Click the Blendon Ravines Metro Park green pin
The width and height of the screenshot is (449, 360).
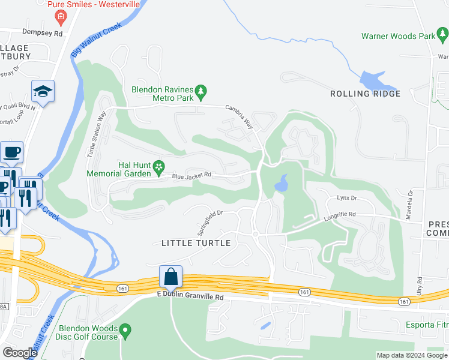click(x=202, y=92)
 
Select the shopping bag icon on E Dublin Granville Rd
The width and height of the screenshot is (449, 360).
click(x=171, y=277)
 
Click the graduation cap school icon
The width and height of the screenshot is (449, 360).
click(x=43, y=91)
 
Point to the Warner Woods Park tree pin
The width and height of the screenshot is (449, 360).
click(x=442, y=37)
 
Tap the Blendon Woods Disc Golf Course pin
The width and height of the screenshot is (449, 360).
click(x=125, y=329)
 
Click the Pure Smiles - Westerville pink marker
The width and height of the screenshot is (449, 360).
click(x=60, y=19)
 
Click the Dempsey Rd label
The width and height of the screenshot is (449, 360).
click(x=42, y=34)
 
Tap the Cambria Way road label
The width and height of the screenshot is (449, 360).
click(x=238, y=116)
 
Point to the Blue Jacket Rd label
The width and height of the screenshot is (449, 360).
click(x=192, y=175)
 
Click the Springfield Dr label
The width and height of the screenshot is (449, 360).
click(x=210, y=222)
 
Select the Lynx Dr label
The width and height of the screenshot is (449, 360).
click(x=346, y=197)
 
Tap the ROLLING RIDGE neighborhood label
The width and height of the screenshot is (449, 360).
click(x=365, y=94)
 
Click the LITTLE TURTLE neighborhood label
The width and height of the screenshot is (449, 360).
click(x=196, y=243)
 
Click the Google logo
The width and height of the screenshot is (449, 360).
click(x=20, y=353)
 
